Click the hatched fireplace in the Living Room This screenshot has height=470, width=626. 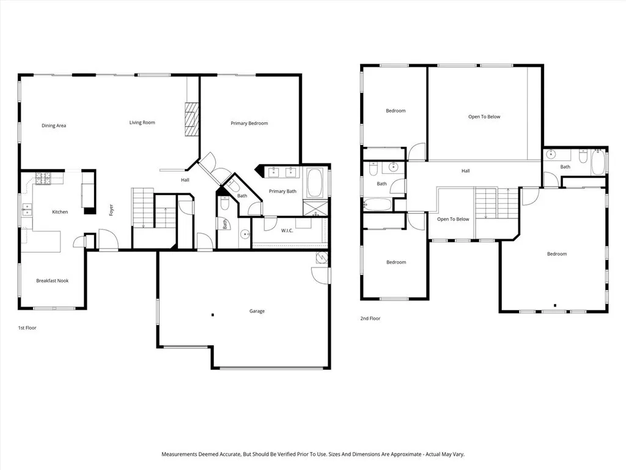192,119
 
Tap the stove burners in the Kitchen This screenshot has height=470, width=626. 44,179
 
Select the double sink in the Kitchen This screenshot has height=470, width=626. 26,209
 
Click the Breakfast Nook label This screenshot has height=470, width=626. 52,281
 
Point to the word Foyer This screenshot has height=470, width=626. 111,209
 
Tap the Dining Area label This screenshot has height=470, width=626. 54,126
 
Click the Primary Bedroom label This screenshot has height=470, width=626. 249,124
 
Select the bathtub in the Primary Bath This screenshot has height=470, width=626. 317,182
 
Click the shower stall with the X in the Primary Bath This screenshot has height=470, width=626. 317,208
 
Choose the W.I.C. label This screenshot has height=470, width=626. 287,231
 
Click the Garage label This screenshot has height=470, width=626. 257,311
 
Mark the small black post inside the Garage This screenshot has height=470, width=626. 212,315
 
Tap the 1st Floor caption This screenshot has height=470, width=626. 27,328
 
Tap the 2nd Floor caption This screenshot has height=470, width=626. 370,319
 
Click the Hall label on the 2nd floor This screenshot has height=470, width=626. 466,171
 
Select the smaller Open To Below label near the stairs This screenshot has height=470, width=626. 453,219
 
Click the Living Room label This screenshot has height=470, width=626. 142,123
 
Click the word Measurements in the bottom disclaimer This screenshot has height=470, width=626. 180,455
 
